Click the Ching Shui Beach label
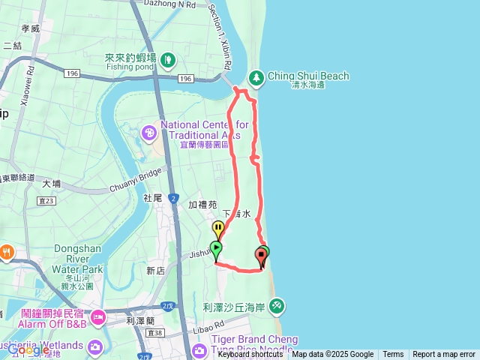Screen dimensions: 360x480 tap(308, 76)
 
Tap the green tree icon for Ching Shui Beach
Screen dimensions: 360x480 tap(256, 76)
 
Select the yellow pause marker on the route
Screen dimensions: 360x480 tap(218, 227)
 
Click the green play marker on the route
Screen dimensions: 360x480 tap(216, 248)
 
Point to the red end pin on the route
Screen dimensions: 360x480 tap(262, 257)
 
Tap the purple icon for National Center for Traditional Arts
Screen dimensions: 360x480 tap(149, 133)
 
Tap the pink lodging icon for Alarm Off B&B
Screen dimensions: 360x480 tap(97, 319)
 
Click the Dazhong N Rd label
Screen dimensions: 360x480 tap(174, 4)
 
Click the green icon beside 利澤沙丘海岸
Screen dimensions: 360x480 tap(277, 306)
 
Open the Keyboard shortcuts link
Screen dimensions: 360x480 tap(250, 355)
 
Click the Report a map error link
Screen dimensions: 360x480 tap(445, 355)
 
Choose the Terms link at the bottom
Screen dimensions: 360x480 tap(393, 355)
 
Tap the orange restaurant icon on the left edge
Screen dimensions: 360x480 tap(5, 251)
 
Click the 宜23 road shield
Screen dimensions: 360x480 tap(46, 200)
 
